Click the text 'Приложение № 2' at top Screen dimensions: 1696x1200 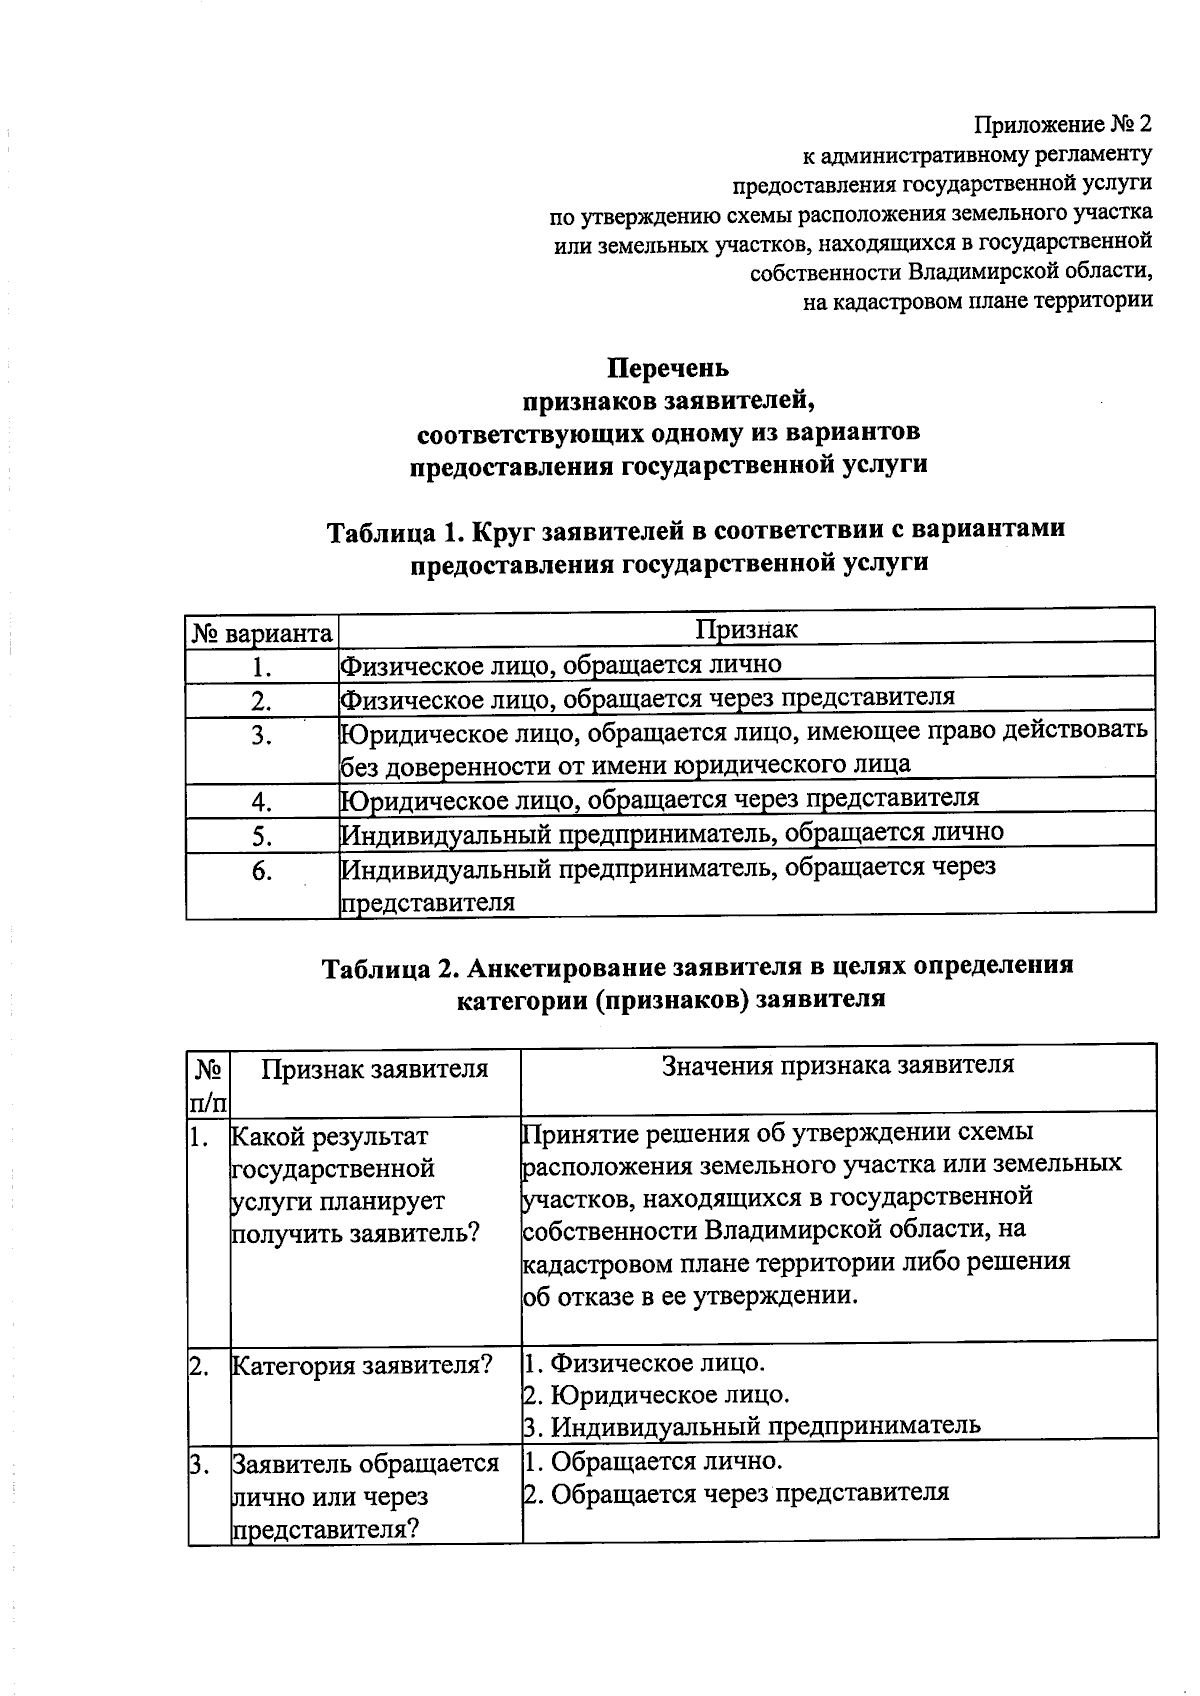1064,125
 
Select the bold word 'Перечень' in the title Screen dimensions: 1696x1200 669,369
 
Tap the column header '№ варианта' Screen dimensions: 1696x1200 262,634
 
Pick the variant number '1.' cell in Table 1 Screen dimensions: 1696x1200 262,667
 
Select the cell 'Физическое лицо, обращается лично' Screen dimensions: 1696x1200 561,664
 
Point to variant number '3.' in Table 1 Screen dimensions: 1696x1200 262,736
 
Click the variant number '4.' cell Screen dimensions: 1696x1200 262,802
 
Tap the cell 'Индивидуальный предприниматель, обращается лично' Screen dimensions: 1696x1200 672,832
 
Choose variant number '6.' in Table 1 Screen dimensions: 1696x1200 262,871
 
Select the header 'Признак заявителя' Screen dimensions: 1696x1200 375,1069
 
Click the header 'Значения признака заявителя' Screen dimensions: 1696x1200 838,1065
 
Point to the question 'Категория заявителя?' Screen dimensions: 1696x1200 362,1365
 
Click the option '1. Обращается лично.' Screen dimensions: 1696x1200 653,1461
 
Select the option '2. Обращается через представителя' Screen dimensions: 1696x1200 736,1493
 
